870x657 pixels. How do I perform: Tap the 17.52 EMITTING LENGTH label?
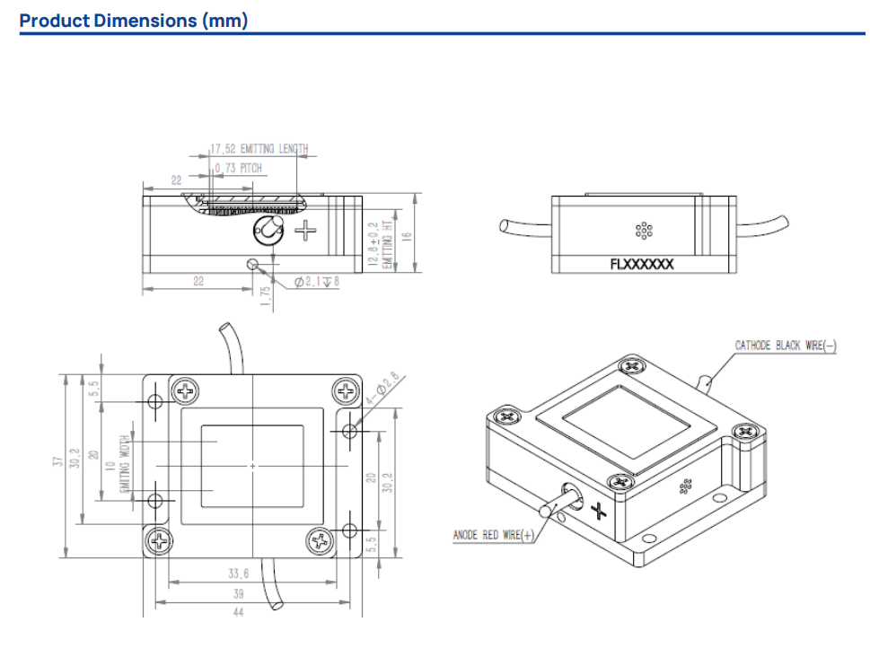tap(259, 149)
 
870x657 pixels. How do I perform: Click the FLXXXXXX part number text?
tap(641, 265)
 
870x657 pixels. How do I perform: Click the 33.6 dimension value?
tap(238, 574)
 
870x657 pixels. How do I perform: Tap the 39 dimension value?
tap(238, 594)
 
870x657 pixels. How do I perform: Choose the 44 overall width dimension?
tap(238, 613)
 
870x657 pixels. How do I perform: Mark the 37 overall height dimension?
tap(58, 463)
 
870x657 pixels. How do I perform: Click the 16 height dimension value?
tap(406, 236)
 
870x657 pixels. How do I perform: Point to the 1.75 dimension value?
tap(266, 297)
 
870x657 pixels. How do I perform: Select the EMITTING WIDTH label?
tap(125, 463)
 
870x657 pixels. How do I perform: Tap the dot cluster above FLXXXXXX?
tap(643, 231)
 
